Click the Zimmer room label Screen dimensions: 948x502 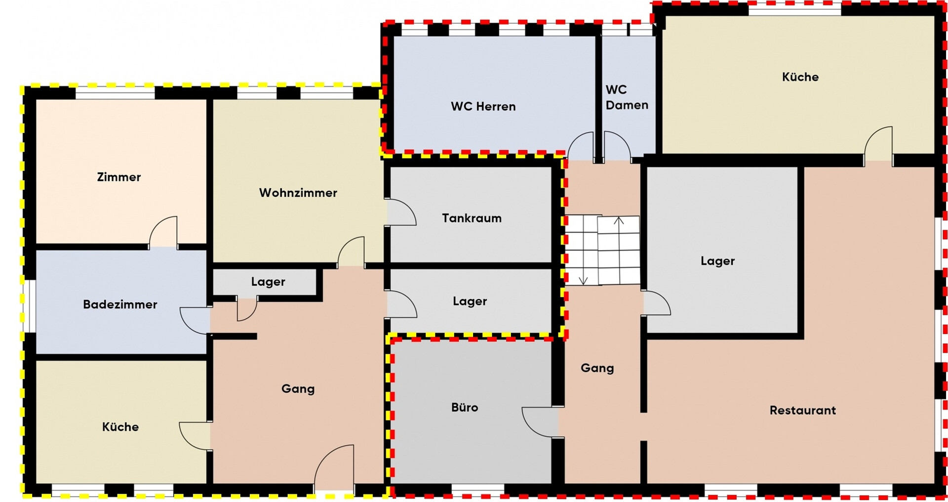tap(118, 177)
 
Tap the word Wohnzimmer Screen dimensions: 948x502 tap(298, 193)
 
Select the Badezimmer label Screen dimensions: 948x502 tap(120, 304)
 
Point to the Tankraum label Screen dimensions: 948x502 tap(472, 218)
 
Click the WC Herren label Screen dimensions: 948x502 tap(483, 106)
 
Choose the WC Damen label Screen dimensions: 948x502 tap(627, 97)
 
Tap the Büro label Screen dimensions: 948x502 tap(465, 407)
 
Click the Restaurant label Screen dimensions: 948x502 tap(802, 410)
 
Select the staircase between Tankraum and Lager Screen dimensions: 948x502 tap(602, 250)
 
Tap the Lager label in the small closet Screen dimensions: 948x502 tap(268, 282)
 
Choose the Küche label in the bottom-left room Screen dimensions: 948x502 tap(120, 427)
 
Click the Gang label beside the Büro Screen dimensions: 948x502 tap(597, 368)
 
